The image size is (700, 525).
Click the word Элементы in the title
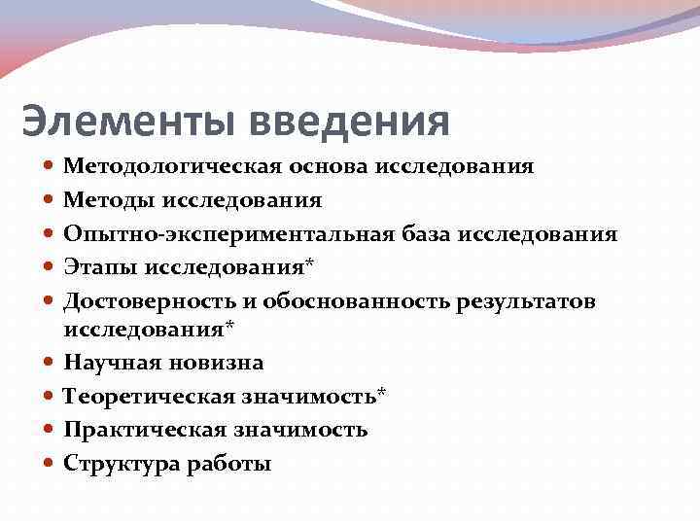[x=128, y=122]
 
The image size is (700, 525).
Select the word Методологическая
[x=171, y=166]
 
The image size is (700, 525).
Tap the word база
[x=426, y=234]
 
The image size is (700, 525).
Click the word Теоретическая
[x=141, y=397]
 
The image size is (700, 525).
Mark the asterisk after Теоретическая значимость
[x=381, y=394]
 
